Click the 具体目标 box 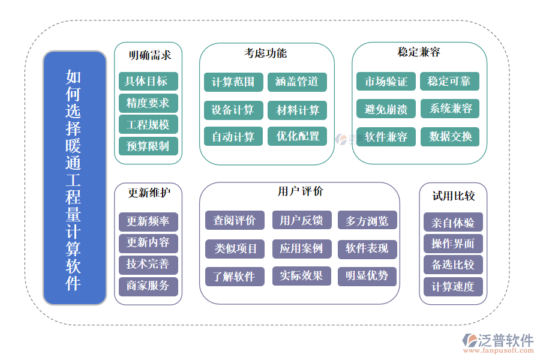point(148,81)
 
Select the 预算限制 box point(148,145)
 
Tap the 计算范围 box point(233,82)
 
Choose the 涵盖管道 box point(297,82)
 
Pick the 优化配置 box point(297,136)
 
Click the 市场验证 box point(386,81)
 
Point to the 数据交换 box point(450,136)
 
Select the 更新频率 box point(148,221)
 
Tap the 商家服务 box point(148,286)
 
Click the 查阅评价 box point(235,220)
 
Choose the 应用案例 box point(301,248)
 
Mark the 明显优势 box point(367,276)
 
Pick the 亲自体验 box point(453,223)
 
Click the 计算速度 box point(453,286)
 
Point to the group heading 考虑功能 point(265,53)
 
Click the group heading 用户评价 point(300,191)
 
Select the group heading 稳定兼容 point(418,52)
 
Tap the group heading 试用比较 point(453,196)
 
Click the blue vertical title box point(74,178)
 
